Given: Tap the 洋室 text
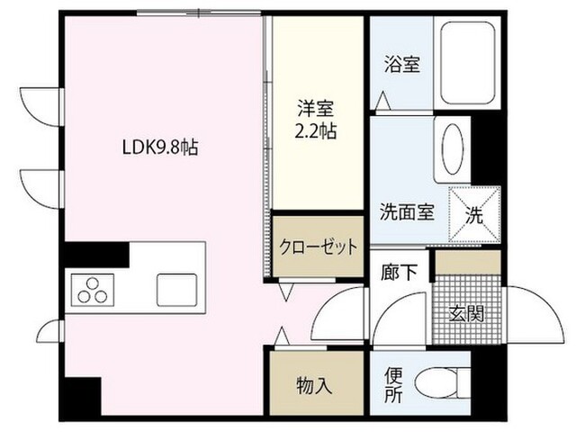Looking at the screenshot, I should click(x=316, y=110).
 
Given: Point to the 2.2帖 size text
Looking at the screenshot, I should click(x=316, y=131).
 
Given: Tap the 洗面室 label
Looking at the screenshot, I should click(x=406, y=213).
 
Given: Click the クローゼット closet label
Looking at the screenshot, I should click(x=318, y=247).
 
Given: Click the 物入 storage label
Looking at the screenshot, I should click(x=314, y=385).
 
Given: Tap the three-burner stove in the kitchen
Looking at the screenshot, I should click(x=94, y=291).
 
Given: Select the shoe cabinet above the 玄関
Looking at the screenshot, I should click(x=467, y=262).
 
